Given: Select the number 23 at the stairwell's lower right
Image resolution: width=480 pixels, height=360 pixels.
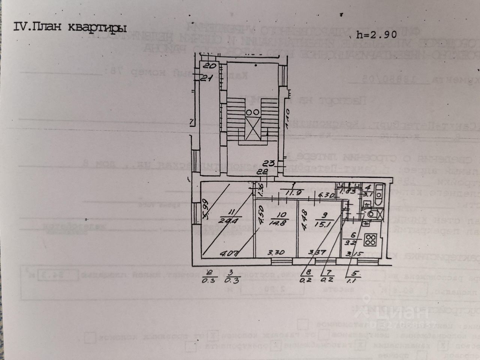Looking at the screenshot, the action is click(x=269, y=163).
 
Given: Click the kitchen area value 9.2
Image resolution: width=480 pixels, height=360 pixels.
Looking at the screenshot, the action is click(x=352, y=242).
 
